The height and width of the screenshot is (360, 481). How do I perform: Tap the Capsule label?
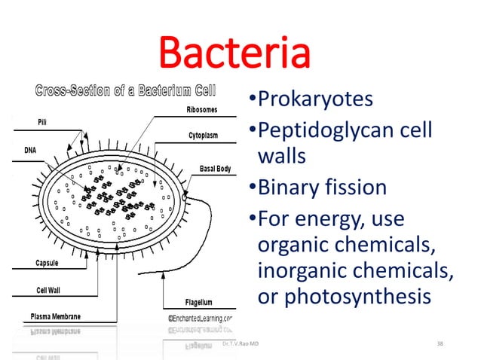(x=50, y=264)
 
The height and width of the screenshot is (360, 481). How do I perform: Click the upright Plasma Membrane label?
(x=55, y=316)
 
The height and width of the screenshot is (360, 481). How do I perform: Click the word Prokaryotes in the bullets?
(x=320, y=100)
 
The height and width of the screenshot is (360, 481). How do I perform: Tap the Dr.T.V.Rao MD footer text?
(x=240, y=344)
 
